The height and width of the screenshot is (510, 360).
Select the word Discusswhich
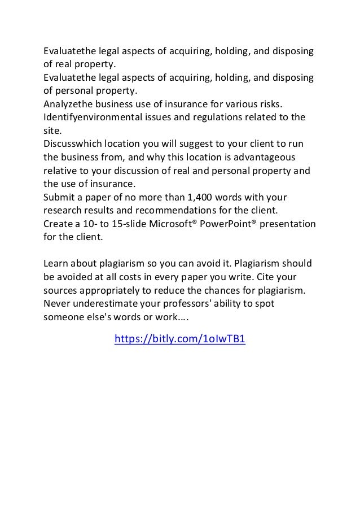(73, 143)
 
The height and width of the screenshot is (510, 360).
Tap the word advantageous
(265, 156)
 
